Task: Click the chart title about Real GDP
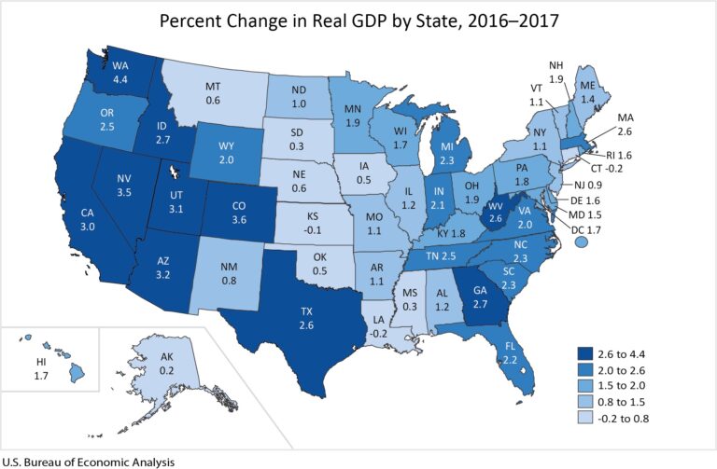[x=358, y=21]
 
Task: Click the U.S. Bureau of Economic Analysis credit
[x=88, y=461]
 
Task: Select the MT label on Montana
[x=213, y=86]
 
